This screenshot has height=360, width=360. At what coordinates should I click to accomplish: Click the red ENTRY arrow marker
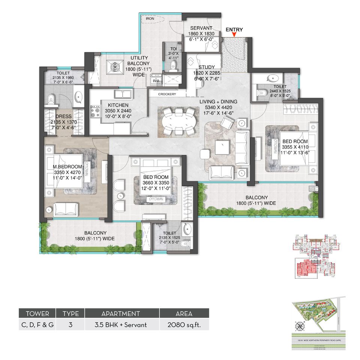(234, 35)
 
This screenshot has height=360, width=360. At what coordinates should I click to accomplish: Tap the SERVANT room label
(201, 28)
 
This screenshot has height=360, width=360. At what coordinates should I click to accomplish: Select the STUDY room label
(204, 67)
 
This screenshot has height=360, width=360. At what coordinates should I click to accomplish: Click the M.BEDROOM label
(63, 166)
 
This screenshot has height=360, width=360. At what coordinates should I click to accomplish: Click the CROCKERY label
(167, 94)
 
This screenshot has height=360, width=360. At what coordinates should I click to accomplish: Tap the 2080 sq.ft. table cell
(184, 325)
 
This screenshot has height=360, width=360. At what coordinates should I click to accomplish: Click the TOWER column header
(37, 313)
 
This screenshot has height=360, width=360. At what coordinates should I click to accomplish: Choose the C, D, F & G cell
(37, 325)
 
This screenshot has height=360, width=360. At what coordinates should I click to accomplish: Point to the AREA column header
(184, 313)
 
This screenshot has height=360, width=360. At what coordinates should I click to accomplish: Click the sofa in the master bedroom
(66, 209)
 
